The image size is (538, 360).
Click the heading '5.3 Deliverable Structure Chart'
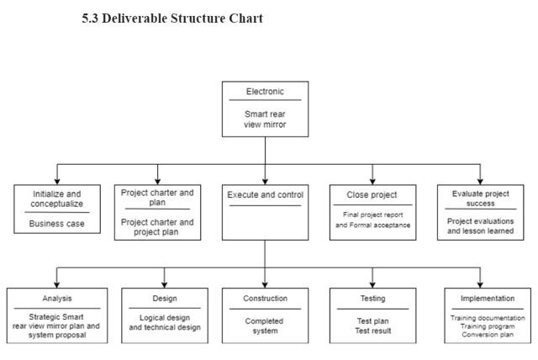click(x=172, y=19)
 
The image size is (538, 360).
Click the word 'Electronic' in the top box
click(x=265, y=92)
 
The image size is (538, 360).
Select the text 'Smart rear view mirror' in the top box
click(x=265, y=119)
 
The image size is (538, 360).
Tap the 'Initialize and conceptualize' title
click(x=56, y=199)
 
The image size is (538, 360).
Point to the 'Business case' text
click(x=56, y=224)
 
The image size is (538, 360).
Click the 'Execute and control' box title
click(x=265, y=194)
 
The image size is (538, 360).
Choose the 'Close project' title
click(x=372, y=194)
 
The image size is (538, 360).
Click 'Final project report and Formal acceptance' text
click(x=372, y=220)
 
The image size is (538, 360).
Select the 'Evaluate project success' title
click(x=480, y=199)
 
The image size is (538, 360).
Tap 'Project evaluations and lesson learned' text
click(x=480, y=225)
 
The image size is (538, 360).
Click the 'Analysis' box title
click(x=57, y=299)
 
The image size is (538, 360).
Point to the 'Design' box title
click(x=164, y=299)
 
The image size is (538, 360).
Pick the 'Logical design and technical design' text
click(x=164, y=322)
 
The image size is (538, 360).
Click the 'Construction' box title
click(x=265, y=299)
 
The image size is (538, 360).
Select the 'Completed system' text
click(x=265, y=326)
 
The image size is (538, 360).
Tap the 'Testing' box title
click(x=372, y=299)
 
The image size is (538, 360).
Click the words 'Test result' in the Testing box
click(x=372, y=331)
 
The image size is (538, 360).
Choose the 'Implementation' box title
click(x=488, y=299)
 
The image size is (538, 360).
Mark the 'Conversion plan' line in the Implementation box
click(x=488, y=335)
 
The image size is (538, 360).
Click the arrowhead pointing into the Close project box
click(x=372, y=180)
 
